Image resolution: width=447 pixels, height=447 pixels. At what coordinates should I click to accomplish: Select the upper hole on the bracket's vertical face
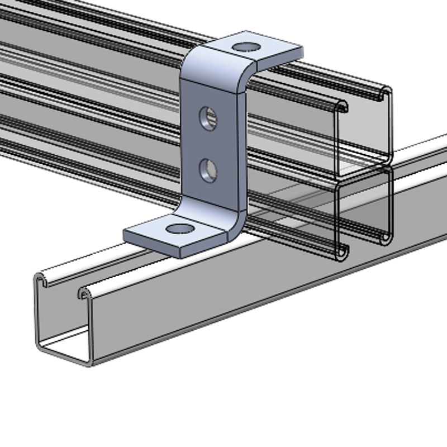208,118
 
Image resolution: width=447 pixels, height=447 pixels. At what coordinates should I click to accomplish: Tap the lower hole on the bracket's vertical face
208,169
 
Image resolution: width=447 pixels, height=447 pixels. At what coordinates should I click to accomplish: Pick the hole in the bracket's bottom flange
178,228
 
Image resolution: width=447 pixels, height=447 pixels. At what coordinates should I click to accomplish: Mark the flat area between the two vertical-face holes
208,144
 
